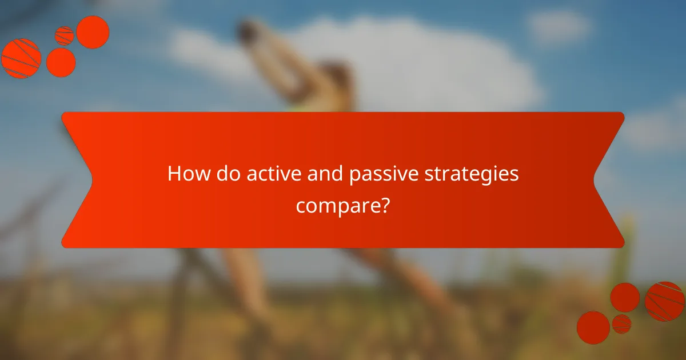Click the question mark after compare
[x=386, y=204]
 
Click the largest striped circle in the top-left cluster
[x=21, y=58]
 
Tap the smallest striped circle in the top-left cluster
[x=64, y=35]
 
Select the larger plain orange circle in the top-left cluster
[x=93, y=32]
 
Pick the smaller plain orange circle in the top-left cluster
[x=61, y=62]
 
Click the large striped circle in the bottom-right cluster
[x=664, y=301]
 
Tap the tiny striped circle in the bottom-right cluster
[x=621, y=324]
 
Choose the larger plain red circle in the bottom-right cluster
[x=593, y=327]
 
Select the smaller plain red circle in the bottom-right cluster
[x=625, y=297]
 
